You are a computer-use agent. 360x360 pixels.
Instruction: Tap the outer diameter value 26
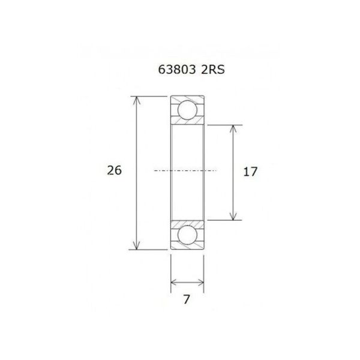click(x=114, y=170)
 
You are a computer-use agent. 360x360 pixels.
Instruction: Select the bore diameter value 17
click(x=250, y=172)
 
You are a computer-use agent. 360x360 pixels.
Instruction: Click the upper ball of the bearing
click(x=187, y=110)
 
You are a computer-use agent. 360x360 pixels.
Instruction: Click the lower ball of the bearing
click(x=187, y=234)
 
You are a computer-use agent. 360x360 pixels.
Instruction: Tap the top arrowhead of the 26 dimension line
click(x=137, y=100)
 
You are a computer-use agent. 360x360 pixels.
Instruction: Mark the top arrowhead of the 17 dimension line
click(x=234, y=128)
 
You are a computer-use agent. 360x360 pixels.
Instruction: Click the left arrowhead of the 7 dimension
click(x=174, y=282)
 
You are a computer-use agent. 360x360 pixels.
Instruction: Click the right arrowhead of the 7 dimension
click(x=200, y=282)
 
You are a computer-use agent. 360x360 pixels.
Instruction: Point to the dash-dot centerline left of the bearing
click(x=162, y=172)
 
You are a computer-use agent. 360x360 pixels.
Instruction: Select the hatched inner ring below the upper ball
click(x=187, y=122)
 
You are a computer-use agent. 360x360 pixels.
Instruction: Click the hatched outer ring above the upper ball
click(x=187, y=98)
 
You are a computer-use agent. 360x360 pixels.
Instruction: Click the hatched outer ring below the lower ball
click(x=187, y=246)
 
